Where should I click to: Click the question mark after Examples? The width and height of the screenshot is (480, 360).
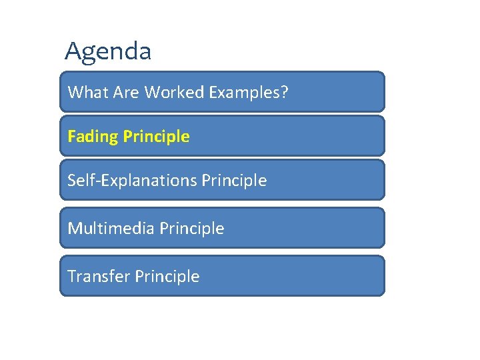point(285,92)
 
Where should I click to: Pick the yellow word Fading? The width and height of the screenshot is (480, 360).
point(92,137)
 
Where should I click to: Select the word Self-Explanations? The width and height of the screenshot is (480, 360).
point(132,181)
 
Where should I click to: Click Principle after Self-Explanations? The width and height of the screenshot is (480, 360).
point(234,181)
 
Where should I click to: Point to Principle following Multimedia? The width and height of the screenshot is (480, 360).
point(191,229)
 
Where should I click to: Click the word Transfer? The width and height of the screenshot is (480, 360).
point(97,277)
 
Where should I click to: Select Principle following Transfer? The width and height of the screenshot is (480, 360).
point(167,277)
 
